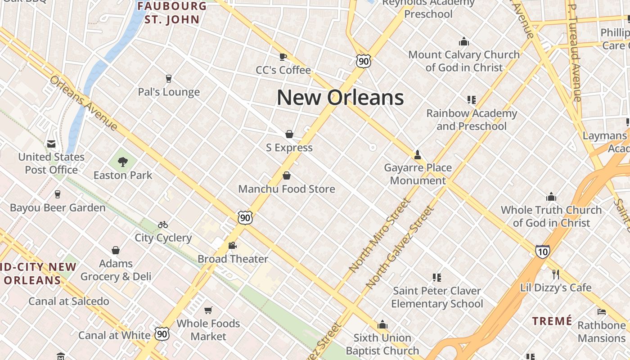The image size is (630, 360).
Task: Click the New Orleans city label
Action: (x=340, y=98)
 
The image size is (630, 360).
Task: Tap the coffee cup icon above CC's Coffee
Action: (x=283, y=56)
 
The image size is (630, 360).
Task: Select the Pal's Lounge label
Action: (x=169, y=92)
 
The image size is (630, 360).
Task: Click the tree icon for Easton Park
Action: (x=122, y=162)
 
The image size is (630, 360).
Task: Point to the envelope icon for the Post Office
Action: (x=51, y=144)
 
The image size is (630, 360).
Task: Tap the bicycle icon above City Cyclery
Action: (x=163, y=224)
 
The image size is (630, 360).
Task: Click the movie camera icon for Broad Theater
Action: (x=232, y=245)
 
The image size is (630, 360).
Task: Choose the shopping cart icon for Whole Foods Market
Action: (x=208, y=310)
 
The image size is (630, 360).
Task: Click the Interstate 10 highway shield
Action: (x=542, y=251)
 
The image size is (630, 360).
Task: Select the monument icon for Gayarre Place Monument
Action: (x=418, y=155)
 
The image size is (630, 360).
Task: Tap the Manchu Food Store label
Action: (x=287, y=189)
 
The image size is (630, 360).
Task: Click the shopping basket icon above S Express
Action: (x=289, y=134)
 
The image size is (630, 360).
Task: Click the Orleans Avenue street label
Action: (x=84, y=103)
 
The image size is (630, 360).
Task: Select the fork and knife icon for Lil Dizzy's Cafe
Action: (x=556, y=274)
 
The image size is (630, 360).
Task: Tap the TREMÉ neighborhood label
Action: (x=552, y=321)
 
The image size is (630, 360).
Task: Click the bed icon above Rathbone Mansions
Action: (x=602, y=311)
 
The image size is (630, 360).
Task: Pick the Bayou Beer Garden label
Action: (x=58, y=208)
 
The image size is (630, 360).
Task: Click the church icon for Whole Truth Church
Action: (x=551, y=197)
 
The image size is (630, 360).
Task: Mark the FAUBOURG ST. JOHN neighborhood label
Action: (x=172, y=13)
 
